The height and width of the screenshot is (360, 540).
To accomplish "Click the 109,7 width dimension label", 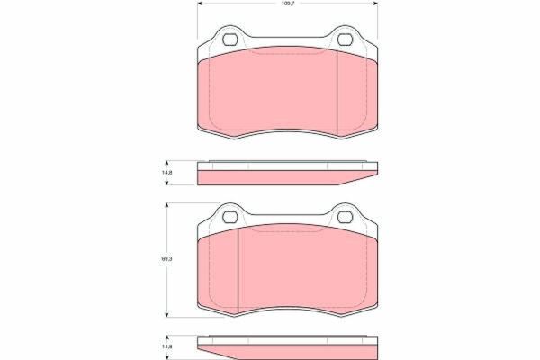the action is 286,4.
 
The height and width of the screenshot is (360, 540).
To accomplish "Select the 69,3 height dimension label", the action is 166,258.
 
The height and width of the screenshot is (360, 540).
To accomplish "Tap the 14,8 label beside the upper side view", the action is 166,172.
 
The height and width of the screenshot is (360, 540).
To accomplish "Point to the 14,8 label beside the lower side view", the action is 166,346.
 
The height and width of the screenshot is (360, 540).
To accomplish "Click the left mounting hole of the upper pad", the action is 230,40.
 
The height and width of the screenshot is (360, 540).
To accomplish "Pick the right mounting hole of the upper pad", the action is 345,40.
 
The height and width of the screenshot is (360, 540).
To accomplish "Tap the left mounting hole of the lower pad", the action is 230,217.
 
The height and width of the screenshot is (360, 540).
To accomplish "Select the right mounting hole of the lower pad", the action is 345,217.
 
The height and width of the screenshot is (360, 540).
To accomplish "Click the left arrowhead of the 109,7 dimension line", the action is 200,4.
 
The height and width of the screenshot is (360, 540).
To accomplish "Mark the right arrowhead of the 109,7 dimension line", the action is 375,4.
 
